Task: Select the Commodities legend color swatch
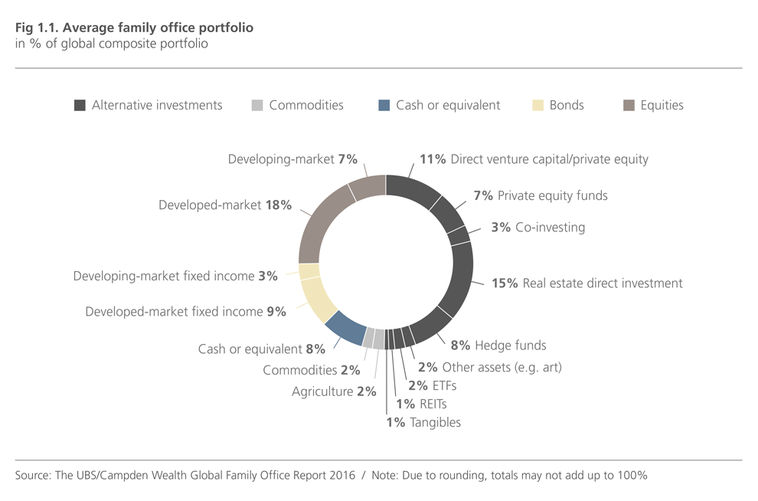coord(257,106)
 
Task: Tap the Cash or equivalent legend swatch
coord(384,106)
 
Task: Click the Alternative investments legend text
coord(157,106)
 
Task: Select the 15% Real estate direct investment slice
coord(462,279)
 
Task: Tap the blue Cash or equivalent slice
coord(345,327)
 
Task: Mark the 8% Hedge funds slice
coord(432,323)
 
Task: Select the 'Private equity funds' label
coord(552,196)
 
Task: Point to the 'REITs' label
coord(432,404)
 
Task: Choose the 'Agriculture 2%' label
coord(334,392)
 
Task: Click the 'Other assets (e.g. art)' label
coord(502,368)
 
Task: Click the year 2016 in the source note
coord(340,476)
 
